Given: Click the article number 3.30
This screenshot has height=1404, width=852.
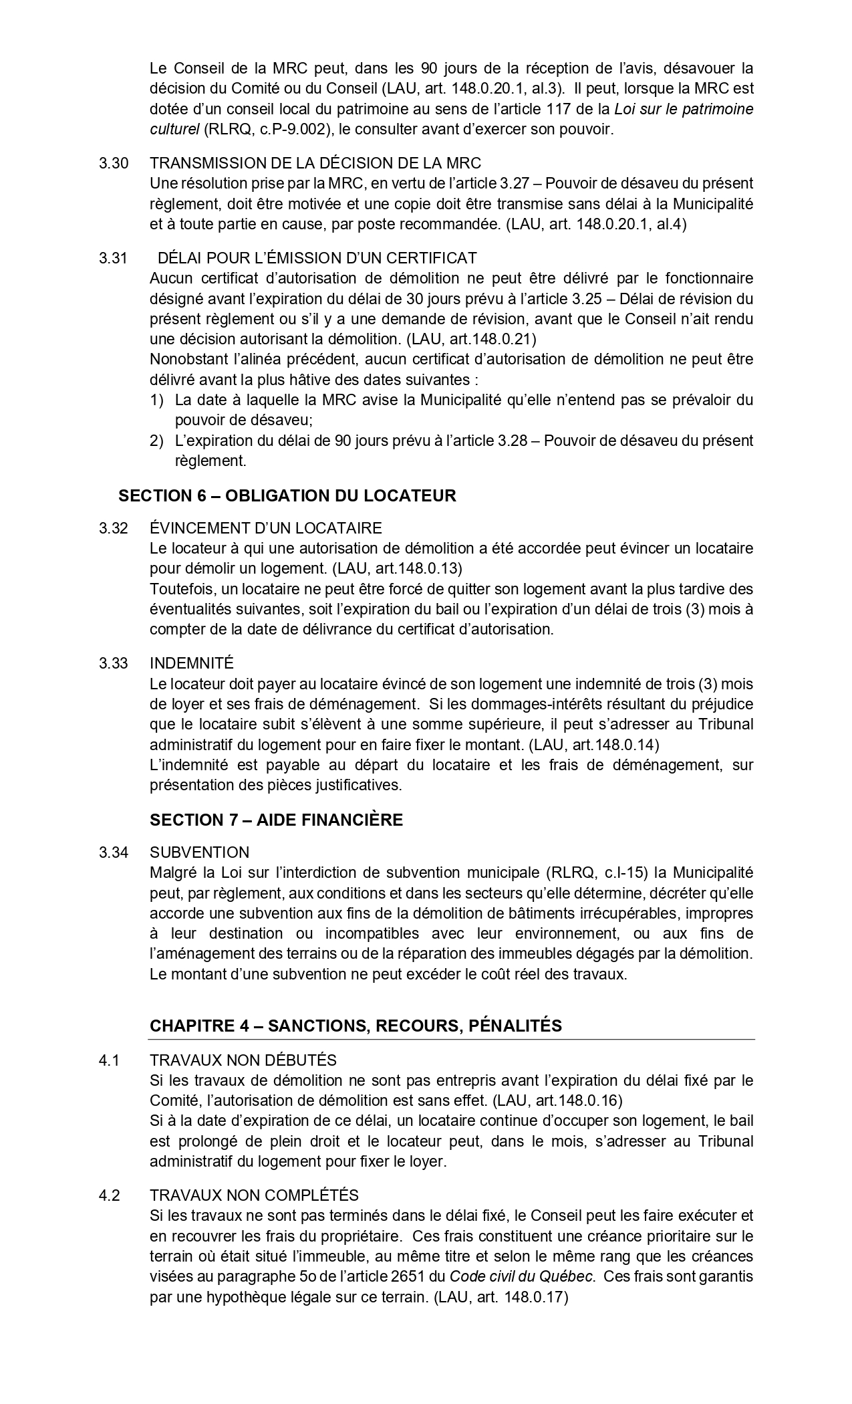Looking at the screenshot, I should (x=114, y=163).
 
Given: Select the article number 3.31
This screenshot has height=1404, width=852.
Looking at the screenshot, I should (x=113, y=258).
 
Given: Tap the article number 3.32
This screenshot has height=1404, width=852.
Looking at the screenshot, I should (x=114, y=528).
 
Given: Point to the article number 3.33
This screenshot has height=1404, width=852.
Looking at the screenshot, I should (x=114, y=663).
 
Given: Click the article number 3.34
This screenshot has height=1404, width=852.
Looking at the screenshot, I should (x=114, y=852).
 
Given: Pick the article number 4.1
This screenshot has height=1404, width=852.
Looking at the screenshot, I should (x=109, y=1060).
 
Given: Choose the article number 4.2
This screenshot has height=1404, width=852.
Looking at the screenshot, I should (x=109, y=1195).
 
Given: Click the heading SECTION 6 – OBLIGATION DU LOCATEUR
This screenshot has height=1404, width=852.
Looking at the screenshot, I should (x=287, y=495).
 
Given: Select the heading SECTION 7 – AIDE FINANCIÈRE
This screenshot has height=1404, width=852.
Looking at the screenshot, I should (x=276, y=820).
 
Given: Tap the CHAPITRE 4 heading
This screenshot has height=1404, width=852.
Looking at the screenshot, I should (x=356, y=1026).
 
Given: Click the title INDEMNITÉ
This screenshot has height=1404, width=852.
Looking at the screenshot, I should (x=192, y=663).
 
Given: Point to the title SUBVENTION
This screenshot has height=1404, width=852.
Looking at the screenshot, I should (x=200, y=852).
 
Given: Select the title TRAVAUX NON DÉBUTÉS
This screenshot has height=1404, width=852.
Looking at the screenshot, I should (x=243, y=1060).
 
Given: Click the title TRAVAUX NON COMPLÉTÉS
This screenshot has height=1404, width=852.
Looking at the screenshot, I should (x=254, y=1195).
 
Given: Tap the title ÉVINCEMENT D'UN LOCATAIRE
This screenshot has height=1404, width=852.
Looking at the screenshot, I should (x=266, y=528).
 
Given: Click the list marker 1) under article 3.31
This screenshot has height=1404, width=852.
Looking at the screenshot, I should (x=156, y=400).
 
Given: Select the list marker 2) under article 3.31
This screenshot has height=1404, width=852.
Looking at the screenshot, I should (x=156, y=441).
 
